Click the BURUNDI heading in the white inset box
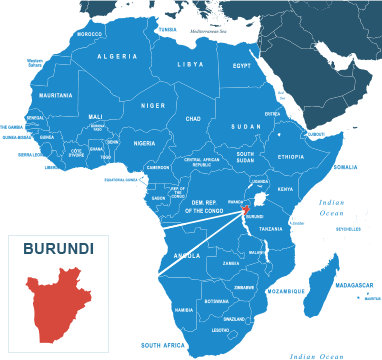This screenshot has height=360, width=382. coord(59,248)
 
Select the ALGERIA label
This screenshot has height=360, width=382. coord(118,57)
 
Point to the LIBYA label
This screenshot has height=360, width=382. coord(190,64)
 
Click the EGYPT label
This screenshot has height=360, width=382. coord(242,66)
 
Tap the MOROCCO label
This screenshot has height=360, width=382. coord(89,34)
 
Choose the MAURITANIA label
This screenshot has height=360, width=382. coord(56,95)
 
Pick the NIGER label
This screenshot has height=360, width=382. coord(153,105)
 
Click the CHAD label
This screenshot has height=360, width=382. coord(193,118)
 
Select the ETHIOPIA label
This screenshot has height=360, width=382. coord(291,157)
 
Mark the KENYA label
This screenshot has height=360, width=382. coord(285,189)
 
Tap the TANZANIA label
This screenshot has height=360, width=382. coord(271,229)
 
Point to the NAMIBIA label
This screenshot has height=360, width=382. coord(184,310)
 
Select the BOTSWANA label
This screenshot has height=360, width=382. coord(216,301)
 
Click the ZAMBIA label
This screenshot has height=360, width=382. coord(231,264)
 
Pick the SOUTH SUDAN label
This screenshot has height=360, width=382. coord(245,157)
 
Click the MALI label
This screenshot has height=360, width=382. coord(96,117)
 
